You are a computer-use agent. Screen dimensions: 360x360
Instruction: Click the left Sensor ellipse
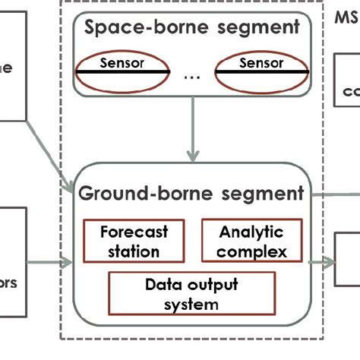click(x=122, y=71)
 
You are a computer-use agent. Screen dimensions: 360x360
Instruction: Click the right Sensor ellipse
click(x=261, y=71)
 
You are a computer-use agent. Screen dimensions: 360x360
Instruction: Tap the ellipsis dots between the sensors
click(x=191, y=77)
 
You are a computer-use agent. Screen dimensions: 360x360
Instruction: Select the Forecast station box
click(x=134, y=241)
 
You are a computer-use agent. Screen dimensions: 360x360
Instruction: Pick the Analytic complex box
click(x=251, y=241)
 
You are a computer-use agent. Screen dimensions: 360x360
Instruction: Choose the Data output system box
click(x=191, y=295)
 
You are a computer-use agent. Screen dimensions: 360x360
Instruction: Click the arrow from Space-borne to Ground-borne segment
click(x=191, y=137)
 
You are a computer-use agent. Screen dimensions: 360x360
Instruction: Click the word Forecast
click(x=134, y=232)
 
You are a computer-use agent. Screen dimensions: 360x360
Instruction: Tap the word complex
click(x=251, y=250)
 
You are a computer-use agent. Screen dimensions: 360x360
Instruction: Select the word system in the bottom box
click(x=191, y=304)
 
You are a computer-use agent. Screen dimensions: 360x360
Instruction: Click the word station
click(x=134, y=250)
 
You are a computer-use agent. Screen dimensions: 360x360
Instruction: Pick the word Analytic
click(x=251, y=232)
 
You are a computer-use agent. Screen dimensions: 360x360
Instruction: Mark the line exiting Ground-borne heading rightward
click(x=334, y=194)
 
